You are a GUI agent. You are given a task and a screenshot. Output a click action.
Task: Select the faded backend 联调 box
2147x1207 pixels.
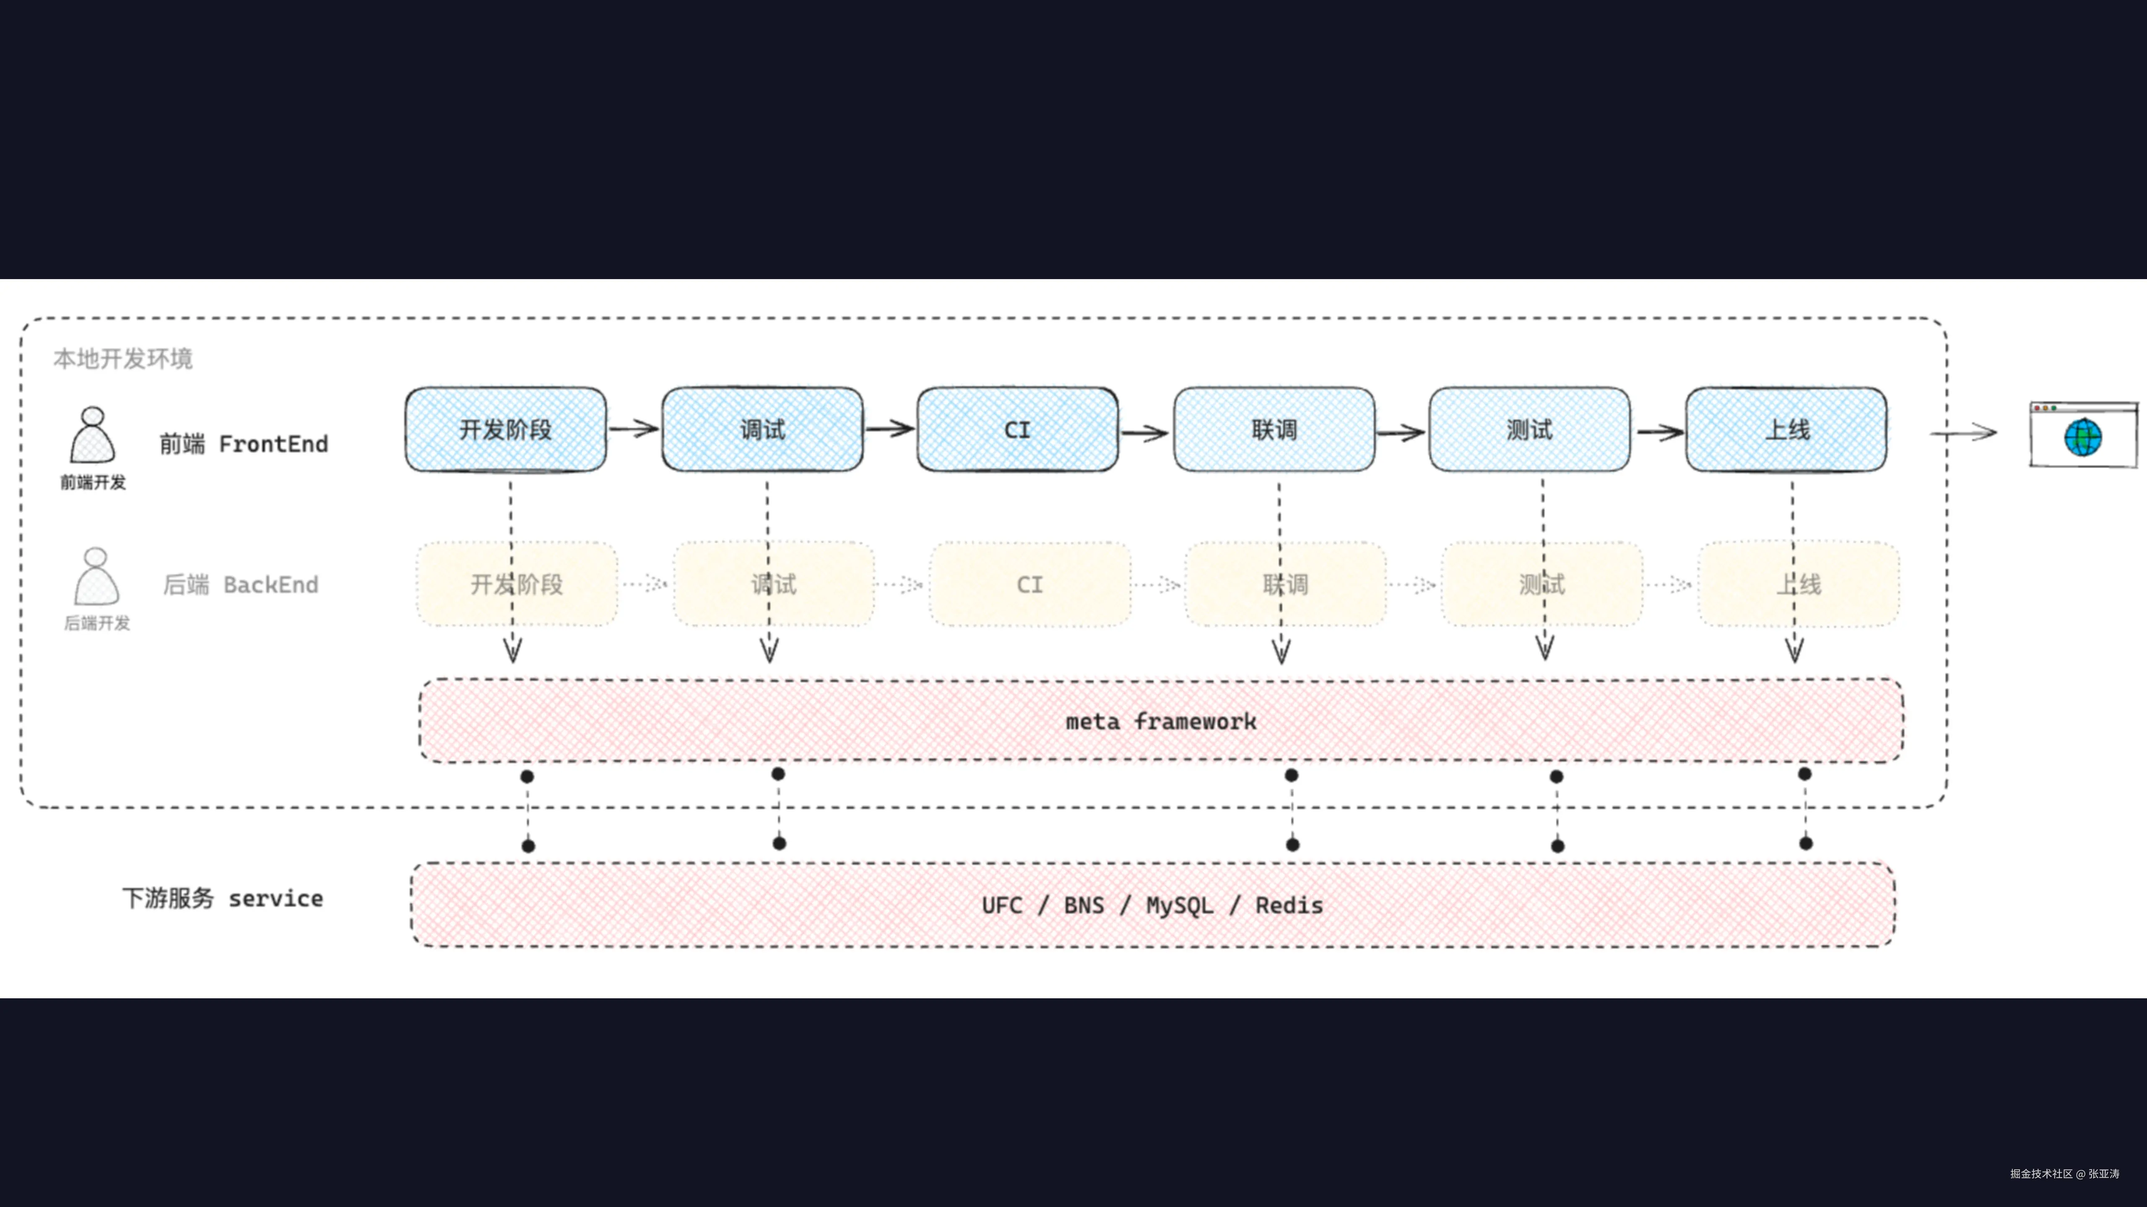(1285, 584)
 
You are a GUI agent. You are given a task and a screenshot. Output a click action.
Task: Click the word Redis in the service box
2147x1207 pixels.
(1289, 905)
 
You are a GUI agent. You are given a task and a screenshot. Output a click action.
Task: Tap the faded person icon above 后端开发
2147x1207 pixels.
(96, 576)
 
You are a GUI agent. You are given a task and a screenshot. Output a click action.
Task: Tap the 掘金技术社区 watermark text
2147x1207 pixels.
(2040, 1173)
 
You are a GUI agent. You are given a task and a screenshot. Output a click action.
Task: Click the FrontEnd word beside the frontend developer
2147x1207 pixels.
(273, 444)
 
